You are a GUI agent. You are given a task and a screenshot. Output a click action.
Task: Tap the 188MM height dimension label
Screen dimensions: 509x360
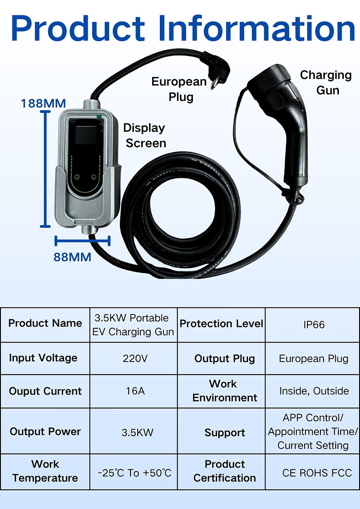[x=43, y=103]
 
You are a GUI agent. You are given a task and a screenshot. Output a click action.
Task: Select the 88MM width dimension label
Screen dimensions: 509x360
[x=72, y=257]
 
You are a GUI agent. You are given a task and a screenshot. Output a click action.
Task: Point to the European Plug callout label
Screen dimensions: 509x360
[x=179, y=89]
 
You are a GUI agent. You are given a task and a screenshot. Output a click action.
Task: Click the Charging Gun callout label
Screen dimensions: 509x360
[x=326, y=82]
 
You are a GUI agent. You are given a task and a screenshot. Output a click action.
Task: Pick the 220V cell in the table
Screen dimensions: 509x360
[x=133, y=359]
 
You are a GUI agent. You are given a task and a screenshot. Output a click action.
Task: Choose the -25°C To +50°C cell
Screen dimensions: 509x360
[x=135, y=473]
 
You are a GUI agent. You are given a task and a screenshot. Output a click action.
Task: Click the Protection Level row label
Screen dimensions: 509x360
[x=221, y=324]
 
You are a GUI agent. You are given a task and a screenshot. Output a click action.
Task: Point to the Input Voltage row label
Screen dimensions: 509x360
[x=43, y=358]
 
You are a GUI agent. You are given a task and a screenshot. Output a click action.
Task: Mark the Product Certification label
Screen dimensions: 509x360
[x=225, y=471]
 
